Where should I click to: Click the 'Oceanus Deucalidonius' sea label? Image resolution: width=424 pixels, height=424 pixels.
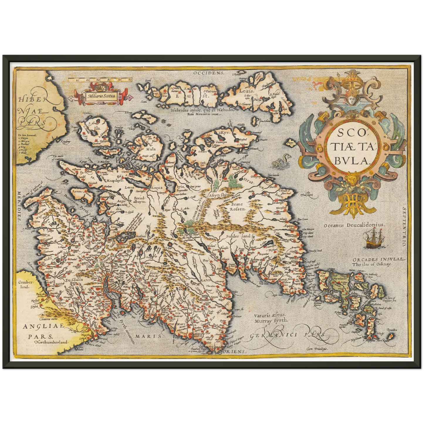pyautogui.click(x=354, y=225)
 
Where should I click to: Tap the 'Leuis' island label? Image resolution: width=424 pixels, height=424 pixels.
pyautogui.click(x=245, y=91)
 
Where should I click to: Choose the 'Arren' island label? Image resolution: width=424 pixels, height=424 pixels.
pyautogui.click(x=77, y=191)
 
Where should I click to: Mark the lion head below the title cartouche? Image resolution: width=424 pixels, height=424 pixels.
pyautogui.click(x=351, y=179)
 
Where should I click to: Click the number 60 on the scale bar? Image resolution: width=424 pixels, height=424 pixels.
pyautogui.click(x=130, y=80)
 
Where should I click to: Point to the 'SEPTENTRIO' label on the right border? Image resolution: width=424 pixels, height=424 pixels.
pyautogui.click(x=404, y=226)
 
